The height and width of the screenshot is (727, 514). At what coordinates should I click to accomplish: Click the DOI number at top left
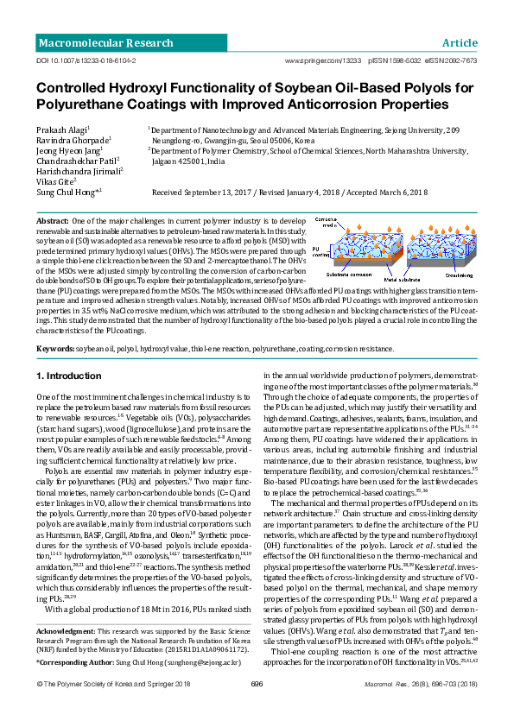pyautogui.click(x=83, y=61)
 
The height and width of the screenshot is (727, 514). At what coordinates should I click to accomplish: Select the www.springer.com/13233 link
pyautogui.click(x=322, y=61)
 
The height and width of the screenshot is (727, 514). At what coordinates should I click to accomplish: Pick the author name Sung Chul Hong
pyautogui.click(x=67, y=192)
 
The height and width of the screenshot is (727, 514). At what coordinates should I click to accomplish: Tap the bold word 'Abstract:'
pyautogui.click(x=53, y=222)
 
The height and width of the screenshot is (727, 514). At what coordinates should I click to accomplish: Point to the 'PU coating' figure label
pyautogui.click(x=320, y=253)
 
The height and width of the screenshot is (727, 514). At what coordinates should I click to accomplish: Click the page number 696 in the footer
pyautogui.click(x=256, y=708)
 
